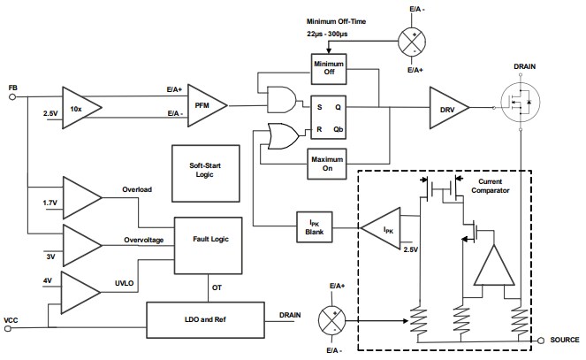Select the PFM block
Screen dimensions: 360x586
pos(202,105)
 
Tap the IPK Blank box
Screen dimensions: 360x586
pos(315,227)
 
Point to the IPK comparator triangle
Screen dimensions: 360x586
pos(383,227)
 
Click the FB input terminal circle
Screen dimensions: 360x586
pos(13,98)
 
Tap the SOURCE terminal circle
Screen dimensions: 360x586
pos(537,340)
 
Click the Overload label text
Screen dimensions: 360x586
pos(138,188)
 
